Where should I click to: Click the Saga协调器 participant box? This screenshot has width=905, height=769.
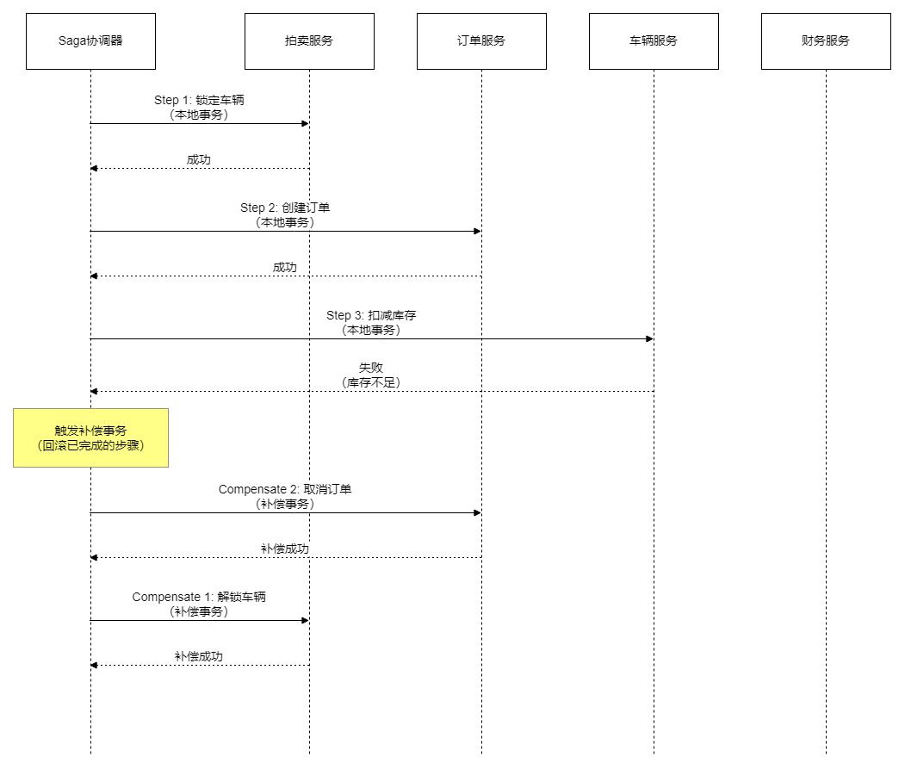click(x=90, y=40)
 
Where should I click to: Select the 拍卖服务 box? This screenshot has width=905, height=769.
click(x=309, y=40)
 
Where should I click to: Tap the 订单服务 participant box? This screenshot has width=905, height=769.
click(x=481, y=40)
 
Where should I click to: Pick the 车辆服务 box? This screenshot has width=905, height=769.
click(x=654, y=40)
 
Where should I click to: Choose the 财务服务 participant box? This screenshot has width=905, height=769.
click(x=826, y=40)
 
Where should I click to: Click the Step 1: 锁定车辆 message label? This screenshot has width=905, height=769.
click(x=200, y=100)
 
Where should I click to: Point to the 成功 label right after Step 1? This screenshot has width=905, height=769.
click(x=200, y=159)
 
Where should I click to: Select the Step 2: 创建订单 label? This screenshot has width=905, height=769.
click(x=286, y=208)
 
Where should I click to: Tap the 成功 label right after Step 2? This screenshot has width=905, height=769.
click(x=285, y=267)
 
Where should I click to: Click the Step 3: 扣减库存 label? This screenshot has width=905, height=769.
click(x=372, y=315)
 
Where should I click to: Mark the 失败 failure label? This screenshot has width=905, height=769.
click(x=371, y=368)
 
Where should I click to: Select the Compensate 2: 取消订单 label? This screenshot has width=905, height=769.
click(x=285, y=489)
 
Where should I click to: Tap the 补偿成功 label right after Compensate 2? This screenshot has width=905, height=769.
click(x=285, y=549)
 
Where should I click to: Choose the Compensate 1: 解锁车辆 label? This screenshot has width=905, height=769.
click(x=200, y=597)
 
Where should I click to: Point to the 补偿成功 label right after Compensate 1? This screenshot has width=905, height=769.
click(x=200, y=656)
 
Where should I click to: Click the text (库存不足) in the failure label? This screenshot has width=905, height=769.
click(x=371, y=382)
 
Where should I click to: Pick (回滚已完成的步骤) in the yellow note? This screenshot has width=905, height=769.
click(x=90, y=445)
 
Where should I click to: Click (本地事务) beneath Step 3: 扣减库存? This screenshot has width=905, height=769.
click(x=372, y=330)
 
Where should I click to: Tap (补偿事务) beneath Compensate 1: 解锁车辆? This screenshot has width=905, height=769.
click(x=200, y=611)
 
